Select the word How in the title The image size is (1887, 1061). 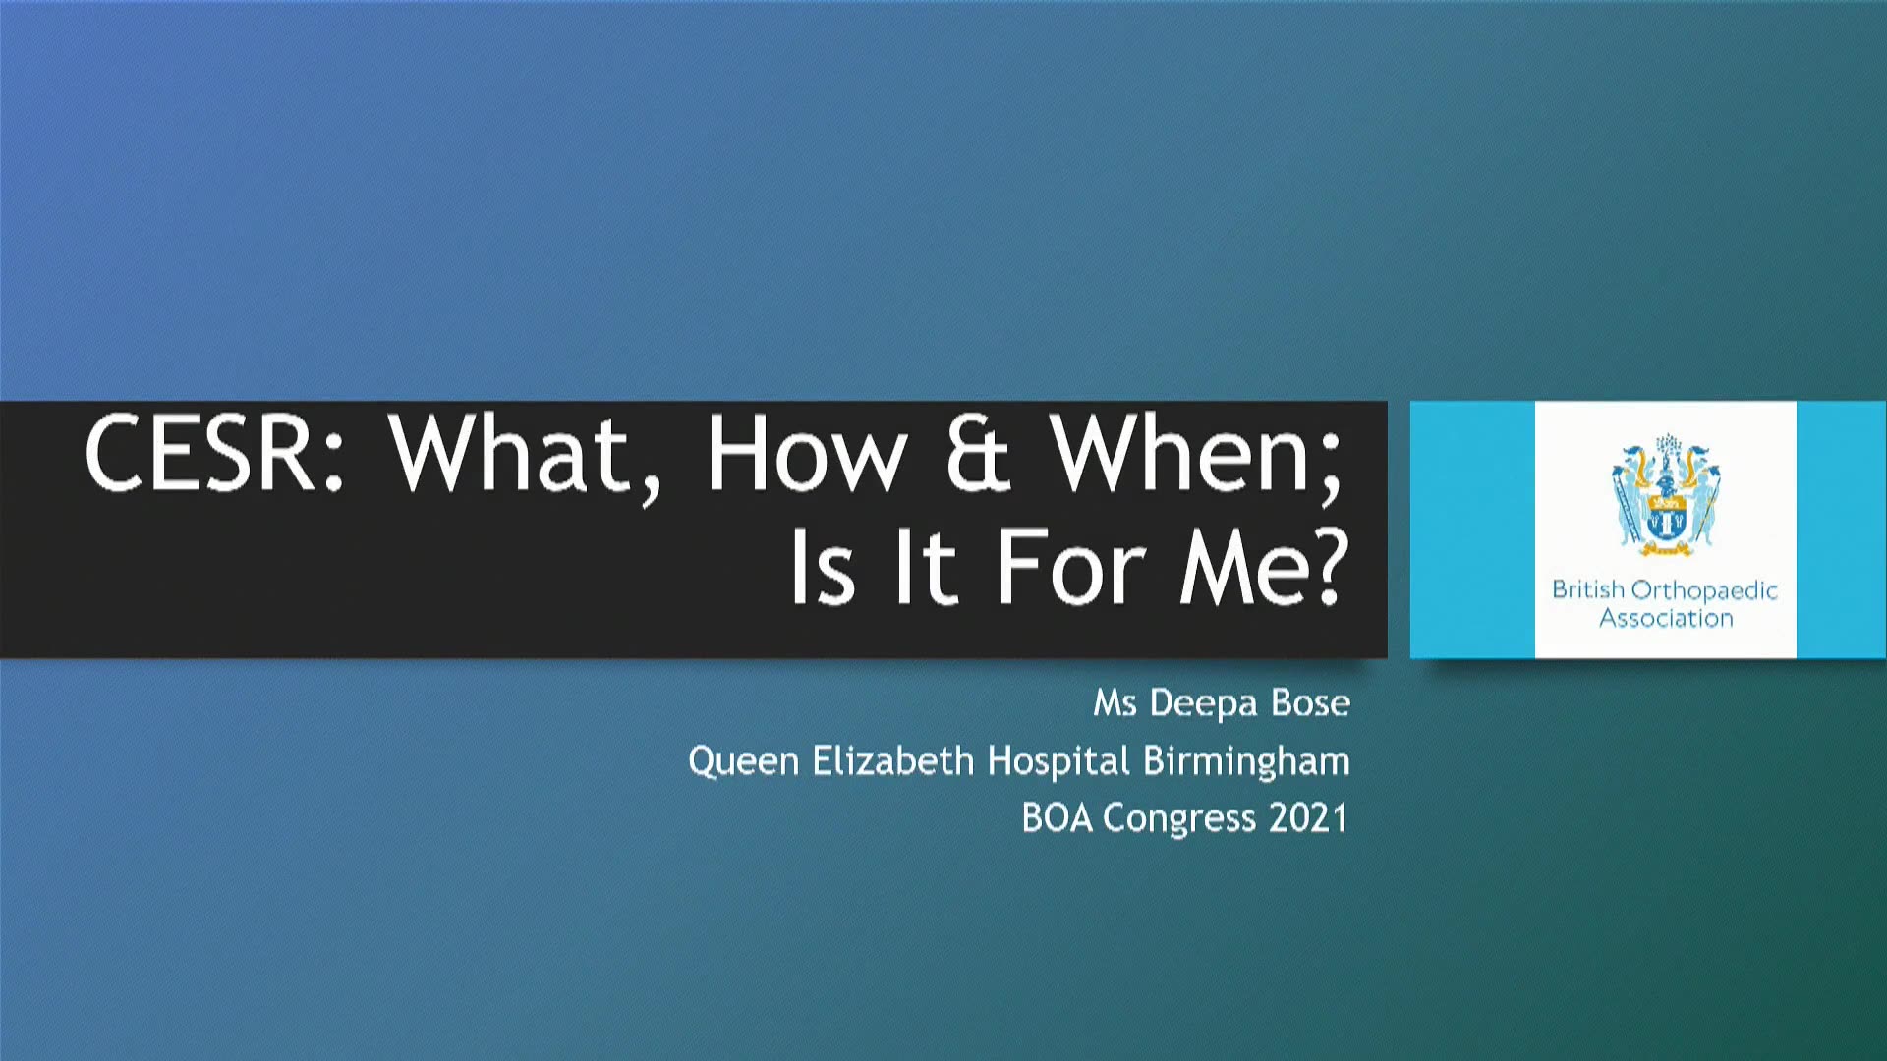pos(806,453)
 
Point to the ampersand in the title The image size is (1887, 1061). pos(978,453)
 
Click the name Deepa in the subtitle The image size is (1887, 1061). pos(1204,704)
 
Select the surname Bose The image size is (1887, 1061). pos(1311,702)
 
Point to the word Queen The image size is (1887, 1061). pos(744,761)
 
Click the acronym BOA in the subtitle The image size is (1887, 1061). pos(1057,818)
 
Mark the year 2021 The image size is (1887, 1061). pos(1308,818)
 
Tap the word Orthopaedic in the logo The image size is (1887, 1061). pos(1704,590)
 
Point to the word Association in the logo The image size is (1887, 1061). pos(1666,618)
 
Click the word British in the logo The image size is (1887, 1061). pos(1588,589)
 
